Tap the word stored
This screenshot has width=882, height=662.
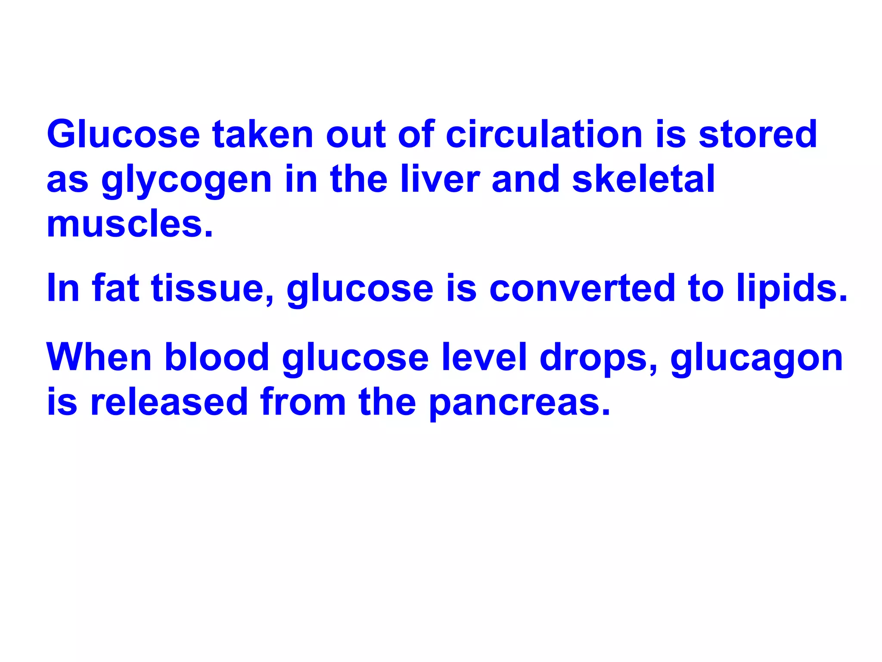coord(758,134)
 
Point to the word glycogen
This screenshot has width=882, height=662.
coord(186,180)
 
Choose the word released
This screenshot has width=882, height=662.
coord(169,402)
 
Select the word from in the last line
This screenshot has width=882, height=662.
coord(303,402)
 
